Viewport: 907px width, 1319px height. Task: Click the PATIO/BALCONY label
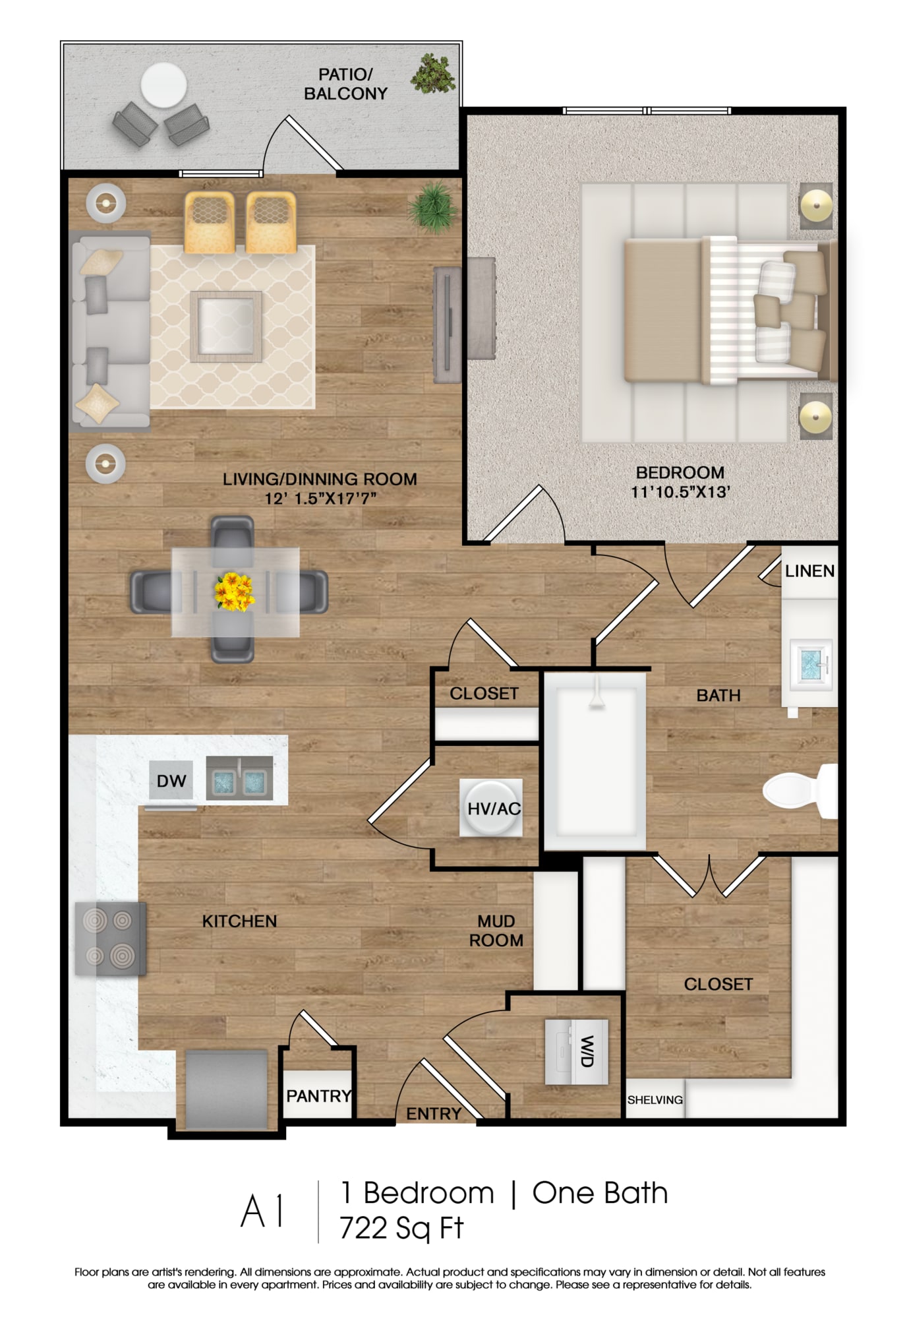(x=345, y=84)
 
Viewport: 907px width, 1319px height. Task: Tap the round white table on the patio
(x=163, y=85)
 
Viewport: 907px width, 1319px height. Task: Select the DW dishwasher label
(x=171, y=781)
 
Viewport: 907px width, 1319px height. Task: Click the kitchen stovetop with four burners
(x=110, y=938)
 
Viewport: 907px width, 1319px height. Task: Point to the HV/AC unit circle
(x=492, y=808)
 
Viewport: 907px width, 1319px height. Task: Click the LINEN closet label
(x=809, y=571)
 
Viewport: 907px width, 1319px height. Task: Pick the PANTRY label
(x=318, y=1096)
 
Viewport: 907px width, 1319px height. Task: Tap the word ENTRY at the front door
(x=434, y=1114)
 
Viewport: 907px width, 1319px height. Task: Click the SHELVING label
(x=655, y=1100)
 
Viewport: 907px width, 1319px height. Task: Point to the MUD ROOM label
(x=496, y=931)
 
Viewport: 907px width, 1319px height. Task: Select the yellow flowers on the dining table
(x=234, y=591)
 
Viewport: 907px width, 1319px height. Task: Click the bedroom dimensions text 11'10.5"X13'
(x=680, y=492)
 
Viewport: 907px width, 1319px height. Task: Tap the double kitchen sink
(x=239, y=779)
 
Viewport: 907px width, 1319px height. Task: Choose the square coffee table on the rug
(x=226, y=326)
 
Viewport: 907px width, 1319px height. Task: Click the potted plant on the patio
(x=433, y=73)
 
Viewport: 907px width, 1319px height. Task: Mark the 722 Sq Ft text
(x=401, y=1228)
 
